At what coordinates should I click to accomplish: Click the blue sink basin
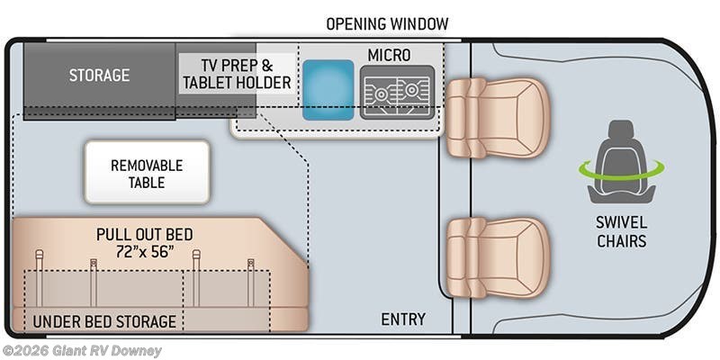[328, 89]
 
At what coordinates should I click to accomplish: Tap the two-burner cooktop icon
[397, 92]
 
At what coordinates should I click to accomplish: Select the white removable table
[147, 172]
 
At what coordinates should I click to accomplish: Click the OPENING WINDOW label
[387, 24]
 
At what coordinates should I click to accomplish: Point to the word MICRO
[389, 55]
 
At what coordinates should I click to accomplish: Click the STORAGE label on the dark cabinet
[99, 75]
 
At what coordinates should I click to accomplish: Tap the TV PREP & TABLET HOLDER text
[237, 74]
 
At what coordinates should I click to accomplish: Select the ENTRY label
[403, 319]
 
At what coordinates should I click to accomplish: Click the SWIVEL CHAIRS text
[622, 231]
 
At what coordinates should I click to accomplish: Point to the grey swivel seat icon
[621, 162]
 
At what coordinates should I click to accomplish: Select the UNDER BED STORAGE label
[104, 321]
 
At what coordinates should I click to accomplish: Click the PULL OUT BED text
[145, 234]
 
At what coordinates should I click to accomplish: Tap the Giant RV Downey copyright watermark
[81, 351]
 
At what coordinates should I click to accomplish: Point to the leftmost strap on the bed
[39, 278]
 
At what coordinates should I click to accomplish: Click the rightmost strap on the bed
[251, 283]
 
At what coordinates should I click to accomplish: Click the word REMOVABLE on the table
[147, 166]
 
